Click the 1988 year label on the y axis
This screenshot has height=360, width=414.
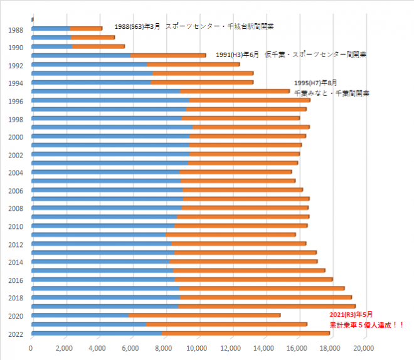[x=16, y=29]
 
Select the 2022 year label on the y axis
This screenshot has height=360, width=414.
[x=16, y=334]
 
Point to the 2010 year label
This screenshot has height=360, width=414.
[x=16, y=226]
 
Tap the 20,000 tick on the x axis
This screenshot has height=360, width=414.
[x=364, y=348]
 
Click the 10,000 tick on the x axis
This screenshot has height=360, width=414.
[x=198, y=348]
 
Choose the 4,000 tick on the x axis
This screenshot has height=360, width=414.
[x=98, y=348]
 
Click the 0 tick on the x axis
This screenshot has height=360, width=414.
[x=31, y=348]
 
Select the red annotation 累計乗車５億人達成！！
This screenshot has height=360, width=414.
[x=366, y=325]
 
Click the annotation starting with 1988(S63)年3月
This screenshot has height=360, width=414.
[x=194, y=27]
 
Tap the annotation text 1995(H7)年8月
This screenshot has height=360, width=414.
[x=316, y=83]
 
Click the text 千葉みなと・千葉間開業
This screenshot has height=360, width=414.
[x=331, y=93]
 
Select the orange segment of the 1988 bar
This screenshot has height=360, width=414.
[x=86, y=28]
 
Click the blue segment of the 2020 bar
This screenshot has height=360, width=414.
[x=80, y=315]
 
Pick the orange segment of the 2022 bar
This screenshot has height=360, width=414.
[x=245, y=333]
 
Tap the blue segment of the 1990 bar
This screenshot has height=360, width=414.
[x=51, y=46]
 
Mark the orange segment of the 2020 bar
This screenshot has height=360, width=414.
[x=204, y=315]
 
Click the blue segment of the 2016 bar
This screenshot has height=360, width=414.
[x=103, y=279]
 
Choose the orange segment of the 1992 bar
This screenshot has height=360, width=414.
[x=193, y=64]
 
